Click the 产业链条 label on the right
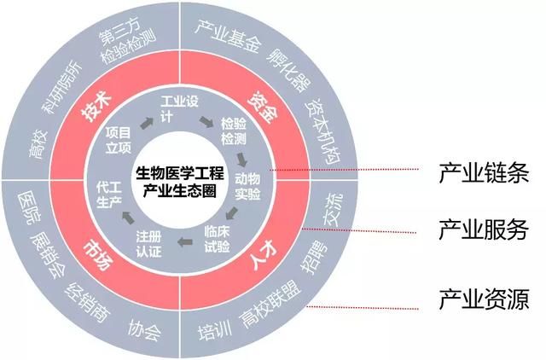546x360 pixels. pos(484,172)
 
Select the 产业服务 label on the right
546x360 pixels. pos(484,229)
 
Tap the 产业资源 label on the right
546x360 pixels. pos(484,299)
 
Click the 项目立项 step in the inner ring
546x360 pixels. pos(119,140)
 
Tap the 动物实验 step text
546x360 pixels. pos(247,186)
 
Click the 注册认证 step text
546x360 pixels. pos(148,244)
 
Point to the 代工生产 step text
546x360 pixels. pos(109,195)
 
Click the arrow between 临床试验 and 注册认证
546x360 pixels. pos(185,241)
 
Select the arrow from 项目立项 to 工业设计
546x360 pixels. pos(147,123)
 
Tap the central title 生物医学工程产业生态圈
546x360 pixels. pos(180,182)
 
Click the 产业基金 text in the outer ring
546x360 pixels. pos(228,36)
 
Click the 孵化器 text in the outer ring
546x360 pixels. pos(289,70)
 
